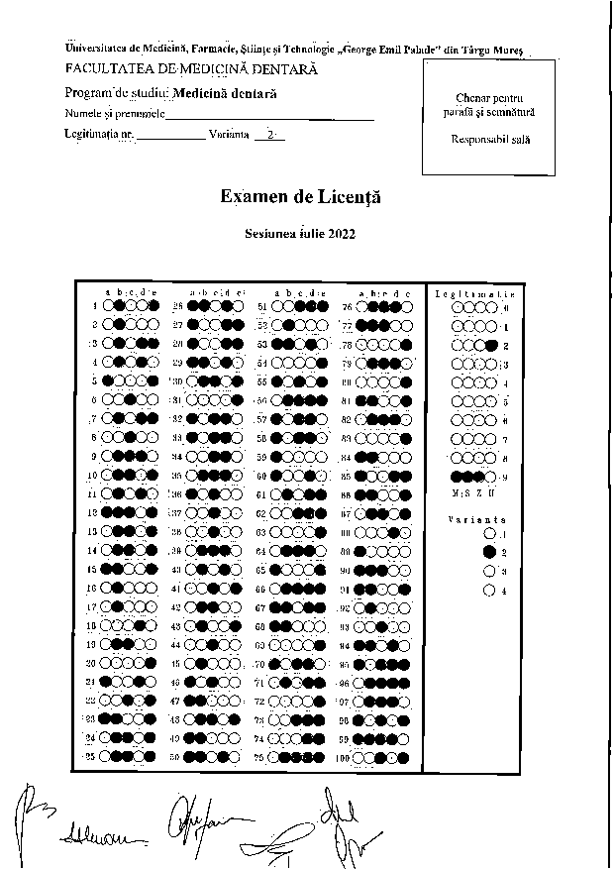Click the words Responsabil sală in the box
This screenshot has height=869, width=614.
(489, 139)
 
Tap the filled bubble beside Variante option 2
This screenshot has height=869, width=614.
(488, 552)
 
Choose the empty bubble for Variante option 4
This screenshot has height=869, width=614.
(488, 591)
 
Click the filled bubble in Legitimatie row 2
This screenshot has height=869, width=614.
(492, 345)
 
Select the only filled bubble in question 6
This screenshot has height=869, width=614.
(130, 399)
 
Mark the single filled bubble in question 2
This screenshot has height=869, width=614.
(119, 323)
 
